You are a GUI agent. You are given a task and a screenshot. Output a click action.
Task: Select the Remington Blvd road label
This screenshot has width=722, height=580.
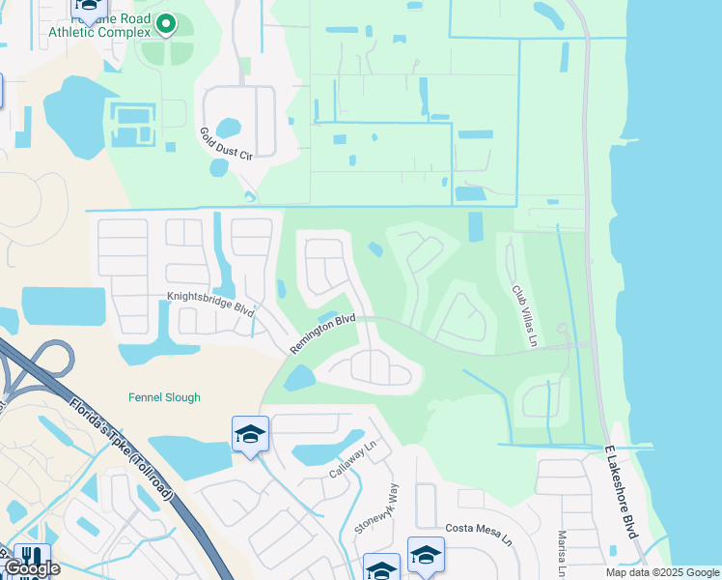tap(323, 325)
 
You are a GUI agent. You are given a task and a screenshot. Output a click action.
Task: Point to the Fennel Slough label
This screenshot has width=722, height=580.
tap(164, 397)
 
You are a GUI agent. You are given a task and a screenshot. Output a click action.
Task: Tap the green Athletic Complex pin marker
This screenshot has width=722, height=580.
tap(166, 24)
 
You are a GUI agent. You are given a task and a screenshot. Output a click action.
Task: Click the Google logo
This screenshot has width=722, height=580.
tap(31, 568)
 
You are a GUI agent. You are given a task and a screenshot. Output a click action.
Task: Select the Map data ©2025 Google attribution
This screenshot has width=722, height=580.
tap(662, 572)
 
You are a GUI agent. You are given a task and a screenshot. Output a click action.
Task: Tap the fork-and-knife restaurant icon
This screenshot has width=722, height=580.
tap(31, 558)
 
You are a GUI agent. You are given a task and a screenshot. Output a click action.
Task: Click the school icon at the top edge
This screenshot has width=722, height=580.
tap(89, 8)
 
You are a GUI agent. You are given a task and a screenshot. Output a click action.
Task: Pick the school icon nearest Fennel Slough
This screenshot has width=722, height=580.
tap(249, 435)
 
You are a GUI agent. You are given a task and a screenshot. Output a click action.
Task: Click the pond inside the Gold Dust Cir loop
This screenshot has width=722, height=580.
tap(228, 128)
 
